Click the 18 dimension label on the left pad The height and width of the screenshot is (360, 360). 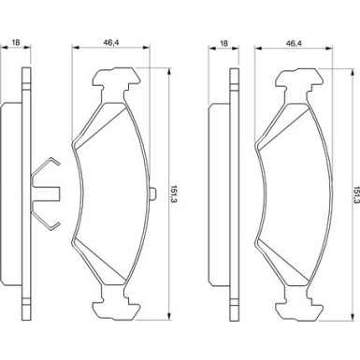coord(16,42)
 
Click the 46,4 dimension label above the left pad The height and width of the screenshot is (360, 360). coord(111,42)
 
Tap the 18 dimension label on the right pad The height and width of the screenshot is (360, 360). coord(223,43)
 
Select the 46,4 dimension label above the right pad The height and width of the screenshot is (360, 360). coord(295,43)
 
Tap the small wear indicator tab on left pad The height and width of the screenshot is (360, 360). coord(153,194)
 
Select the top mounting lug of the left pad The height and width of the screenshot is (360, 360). coord(115,80)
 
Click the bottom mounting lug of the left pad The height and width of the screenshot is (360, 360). coord(115,308)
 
